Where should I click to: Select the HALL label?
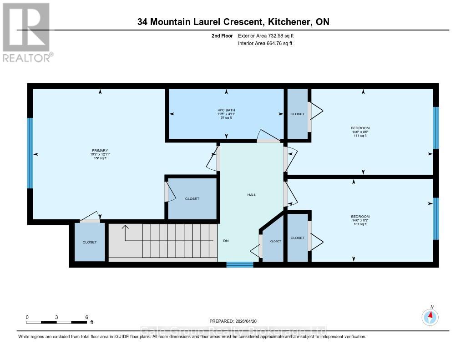click(252, 195)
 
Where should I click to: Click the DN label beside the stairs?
click(226, 241)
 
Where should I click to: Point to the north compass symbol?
click(430, 316)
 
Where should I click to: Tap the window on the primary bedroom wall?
click(30, 153)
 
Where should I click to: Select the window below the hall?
click(240, 264)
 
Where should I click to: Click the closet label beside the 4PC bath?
click(298, 114)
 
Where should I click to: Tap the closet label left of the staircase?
click(90, 242)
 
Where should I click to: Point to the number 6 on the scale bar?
click(86, 317)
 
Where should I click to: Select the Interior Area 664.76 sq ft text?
click(265, 43)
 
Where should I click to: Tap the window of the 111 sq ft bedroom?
click(436, 128)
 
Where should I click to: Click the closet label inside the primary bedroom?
click(192, 198)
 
